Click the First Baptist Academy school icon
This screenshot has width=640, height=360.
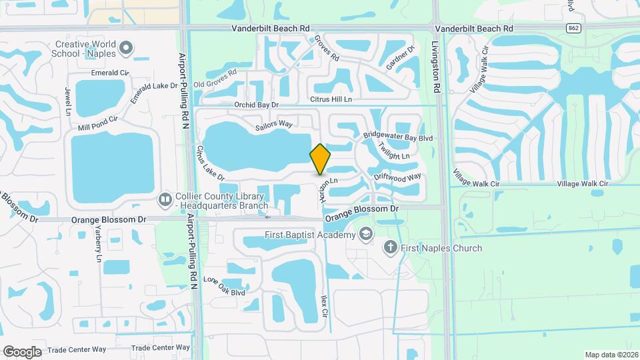tap(365, 234)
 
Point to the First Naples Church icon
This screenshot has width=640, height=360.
tap(391, 248)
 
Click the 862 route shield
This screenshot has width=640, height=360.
tap(573, 28)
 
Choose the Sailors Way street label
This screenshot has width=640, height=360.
tap(274, 124)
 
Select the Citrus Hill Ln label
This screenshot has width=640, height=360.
tap(331, 99)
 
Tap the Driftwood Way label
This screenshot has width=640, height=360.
tap(397, 177)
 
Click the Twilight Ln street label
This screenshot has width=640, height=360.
tap(393, 151)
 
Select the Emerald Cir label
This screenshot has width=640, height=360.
tap(109, 72)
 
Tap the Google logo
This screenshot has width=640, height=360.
tap(22, 351)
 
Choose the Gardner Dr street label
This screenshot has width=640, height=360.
tap(400, 58)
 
